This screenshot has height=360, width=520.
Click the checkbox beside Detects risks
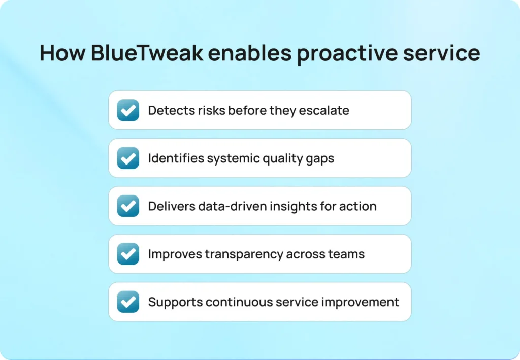tap(128, 110)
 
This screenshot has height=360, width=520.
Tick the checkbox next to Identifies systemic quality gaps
tap(128, 158)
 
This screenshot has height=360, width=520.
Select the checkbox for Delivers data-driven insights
tap(128, 206)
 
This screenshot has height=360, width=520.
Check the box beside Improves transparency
tap(128, 254)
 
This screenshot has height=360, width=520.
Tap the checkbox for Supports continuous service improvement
tap(128, 302)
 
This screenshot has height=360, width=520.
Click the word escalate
tap(327, 110)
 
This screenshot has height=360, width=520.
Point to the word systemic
tap(234, 158)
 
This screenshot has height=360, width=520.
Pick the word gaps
tap(320, 159)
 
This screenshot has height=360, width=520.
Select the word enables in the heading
tap(253, 53)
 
